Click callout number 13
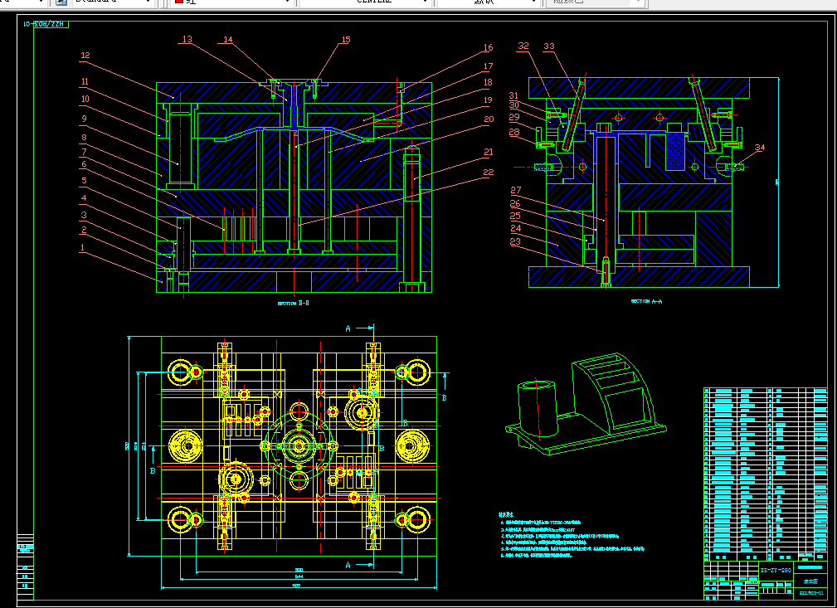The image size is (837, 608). [x=187, y=39]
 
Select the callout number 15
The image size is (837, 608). [x=346, y=40]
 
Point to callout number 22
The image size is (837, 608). [x=489, y=173]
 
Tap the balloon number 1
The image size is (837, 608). [x=82, y=247]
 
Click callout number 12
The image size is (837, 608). [x=85, y=56]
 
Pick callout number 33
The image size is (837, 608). [x=548, y=46]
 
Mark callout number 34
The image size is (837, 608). [x=760, y=148]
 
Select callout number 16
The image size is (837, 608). [x=489, y=48]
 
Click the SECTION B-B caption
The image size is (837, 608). [x=293, y=304]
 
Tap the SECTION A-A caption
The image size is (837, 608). [x=646, y=301]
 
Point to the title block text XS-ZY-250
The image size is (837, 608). [x=776, y=571]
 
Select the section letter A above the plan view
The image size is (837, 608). [x=347, y=328]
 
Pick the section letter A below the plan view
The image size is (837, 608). [x=347, y=565]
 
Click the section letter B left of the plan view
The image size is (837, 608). [x=153, y=470]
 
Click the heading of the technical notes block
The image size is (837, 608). [x=507, y=514]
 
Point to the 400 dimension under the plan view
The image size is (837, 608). [x=296, y=586]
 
